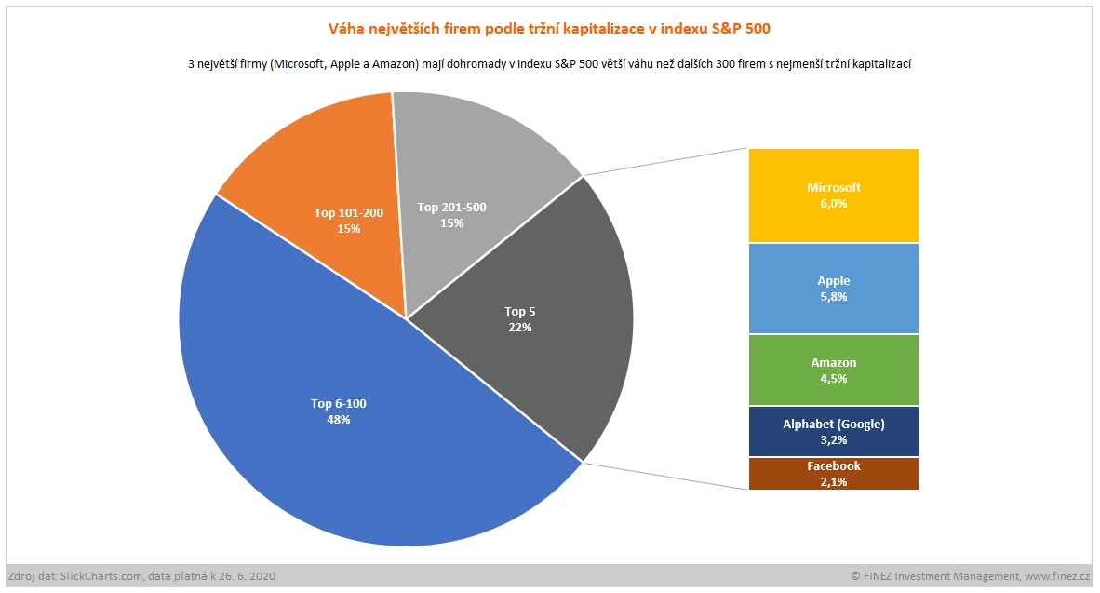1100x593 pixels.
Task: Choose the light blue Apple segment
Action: tap(833, 312)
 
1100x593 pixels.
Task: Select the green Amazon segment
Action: tap(833, 391)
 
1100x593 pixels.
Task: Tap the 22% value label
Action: tap(520, 327)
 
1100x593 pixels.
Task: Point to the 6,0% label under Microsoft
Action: tap(833, 204)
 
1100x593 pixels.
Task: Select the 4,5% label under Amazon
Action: tap(833, 379)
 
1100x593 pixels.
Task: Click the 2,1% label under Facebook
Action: tap(833, 481)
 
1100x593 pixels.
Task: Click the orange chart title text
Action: tap(550, 30)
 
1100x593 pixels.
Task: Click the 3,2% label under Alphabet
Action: tap(833, 440)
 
